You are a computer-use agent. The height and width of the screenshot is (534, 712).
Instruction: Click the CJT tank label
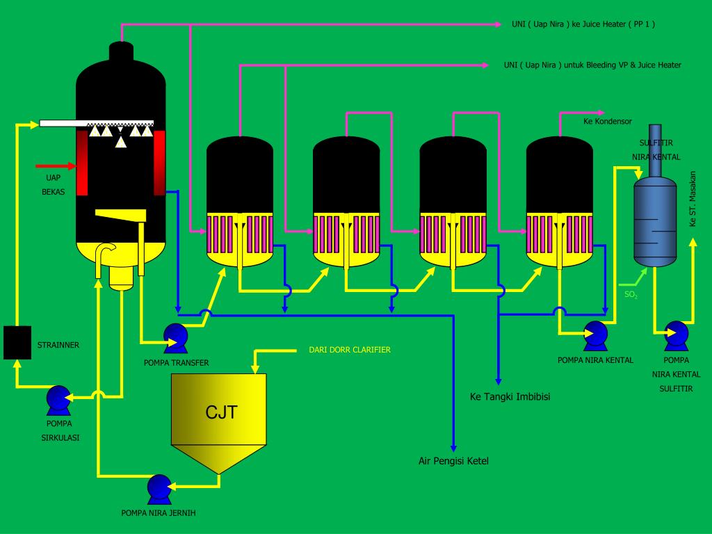tap(221, 412)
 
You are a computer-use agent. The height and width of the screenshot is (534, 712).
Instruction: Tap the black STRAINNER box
tap(17, 342)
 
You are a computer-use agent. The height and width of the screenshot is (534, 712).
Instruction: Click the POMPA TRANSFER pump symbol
tap(175, 337)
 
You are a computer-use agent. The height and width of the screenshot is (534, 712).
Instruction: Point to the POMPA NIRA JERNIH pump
tap(159, 489)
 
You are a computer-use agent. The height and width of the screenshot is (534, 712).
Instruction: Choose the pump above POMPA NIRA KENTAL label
tap(594, 335)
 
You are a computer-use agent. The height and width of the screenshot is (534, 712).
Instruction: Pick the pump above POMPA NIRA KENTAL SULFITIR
tap(676, 335)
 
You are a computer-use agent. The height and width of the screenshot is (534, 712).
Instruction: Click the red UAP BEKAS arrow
tap(55, 166)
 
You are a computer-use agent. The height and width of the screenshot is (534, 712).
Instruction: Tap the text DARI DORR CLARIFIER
tap(350, 350)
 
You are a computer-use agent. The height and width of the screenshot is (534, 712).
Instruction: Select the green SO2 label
tap(631, 295)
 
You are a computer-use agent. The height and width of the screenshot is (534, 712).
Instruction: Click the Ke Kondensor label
tap(607, 121)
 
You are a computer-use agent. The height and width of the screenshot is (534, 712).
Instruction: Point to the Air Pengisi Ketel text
tap(448, 461)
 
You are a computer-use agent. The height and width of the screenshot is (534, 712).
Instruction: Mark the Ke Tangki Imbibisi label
tap(505, 397)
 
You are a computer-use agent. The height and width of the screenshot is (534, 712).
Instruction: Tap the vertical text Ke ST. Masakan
tap(693, 198)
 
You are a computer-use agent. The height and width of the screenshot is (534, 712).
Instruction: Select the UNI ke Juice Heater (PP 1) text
tap(583, 24)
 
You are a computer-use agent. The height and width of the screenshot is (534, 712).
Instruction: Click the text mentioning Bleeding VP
tap(592, 65)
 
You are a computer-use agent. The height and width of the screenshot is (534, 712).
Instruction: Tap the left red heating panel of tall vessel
tap(82, 162)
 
